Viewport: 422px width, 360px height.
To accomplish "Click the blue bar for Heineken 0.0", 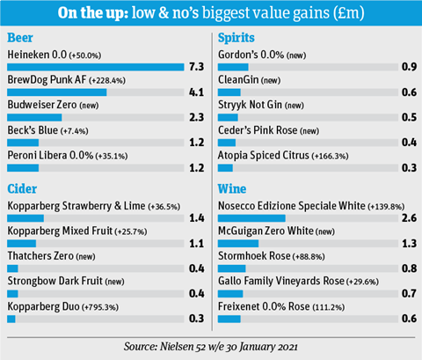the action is tap(96, 67).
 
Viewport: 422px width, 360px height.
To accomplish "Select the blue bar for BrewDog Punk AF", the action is tap(57, 92).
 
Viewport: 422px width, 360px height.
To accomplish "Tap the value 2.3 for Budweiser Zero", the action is tap(196, 117).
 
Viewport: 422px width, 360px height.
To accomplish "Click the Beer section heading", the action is tap(20, 38).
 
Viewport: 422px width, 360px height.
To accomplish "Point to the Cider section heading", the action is tap(22, 189).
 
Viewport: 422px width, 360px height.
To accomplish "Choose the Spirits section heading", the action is tap(236, 38).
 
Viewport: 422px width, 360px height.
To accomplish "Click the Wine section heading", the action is tap(232, 189).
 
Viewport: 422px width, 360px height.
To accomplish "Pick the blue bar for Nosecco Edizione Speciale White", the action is tap(251, 218).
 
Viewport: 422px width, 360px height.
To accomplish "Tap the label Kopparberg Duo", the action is tap(43, 306).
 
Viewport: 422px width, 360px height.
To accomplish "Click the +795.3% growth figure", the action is tap(100, 307).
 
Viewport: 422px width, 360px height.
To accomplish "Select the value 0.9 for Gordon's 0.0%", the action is tap(409, 67).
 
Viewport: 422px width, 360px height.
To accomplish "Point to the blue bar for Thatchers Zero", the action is tap(12, 268).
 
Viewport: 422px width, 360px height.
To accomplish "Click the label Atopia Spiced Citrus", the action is tap(264, 156).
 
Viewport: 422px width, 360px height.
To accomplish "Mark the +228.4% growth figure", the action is tap(107, 81).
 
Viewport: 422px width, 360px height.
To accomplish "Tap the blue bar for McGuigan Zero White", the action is tap(238, 244).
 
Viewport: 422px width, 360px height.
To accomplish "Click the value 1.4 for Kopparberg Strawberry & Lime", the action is tap(197, 218).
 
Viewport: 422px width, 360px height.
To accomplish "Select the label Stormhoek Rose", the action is tap(254, 256).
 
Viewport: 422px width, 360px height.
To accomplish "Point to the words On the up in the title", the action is tap(93, 13).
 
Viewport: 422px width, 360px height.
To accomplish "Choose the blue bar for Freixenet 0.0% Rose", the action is tap(229, 319).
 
